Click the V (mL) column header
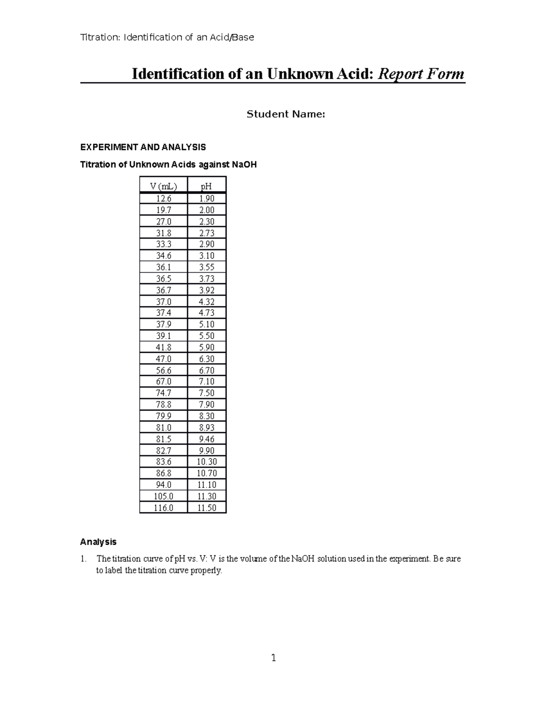tap(163, 186)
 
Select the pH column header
tap(207, 186)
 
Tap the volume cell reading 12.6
tap(163, 198)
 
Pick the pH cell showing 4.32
tap(207, 301)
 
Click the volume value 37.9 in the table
tap(163, 324)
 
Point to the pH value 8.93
tap(207, 427)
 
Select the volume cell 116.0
tap(163, 508)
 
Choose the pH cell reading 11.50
tap(207, 508)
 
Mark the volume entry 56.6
tap(163, 370)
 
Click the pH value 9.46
tap(207, 439)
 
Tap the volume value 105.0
tap(163, 496)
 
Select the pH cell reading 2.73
tap(207, 233)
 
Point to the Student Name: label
tap(286, 115)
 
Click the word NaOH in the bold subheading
tap(244, 165)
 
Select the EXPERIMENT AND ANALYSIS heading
tap(143, 147)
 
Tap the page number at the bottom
tap(273, 658)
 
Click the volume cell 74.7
tap(163, 393)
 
